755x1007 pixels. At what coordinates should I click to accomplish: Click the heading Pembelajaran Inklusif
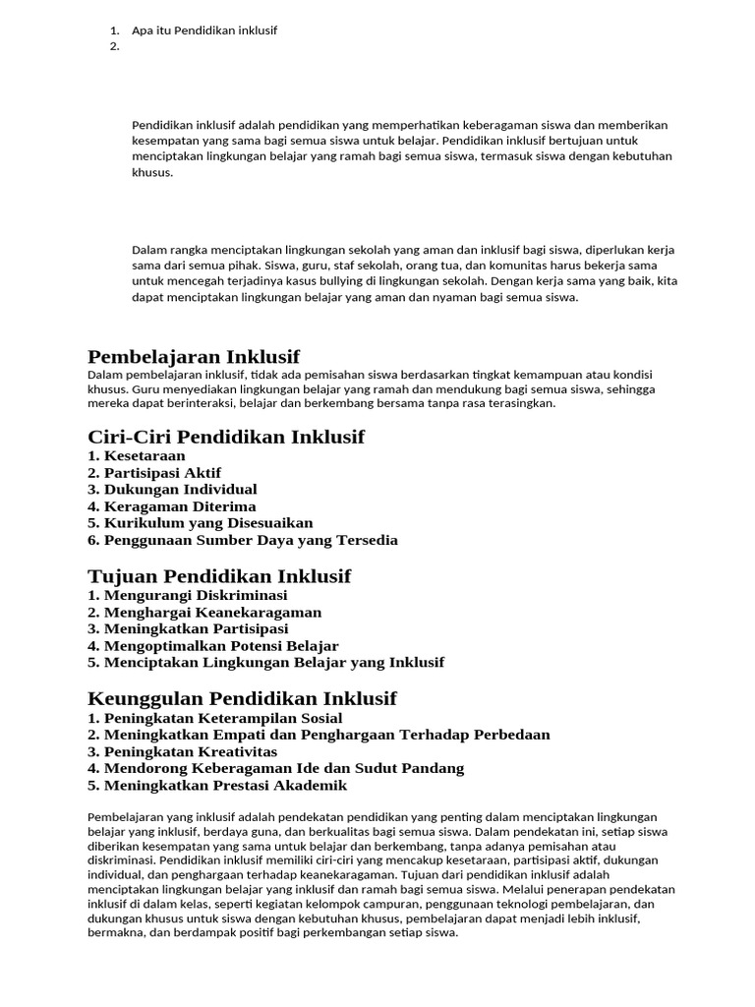pyautogui.click(x=194, y=356)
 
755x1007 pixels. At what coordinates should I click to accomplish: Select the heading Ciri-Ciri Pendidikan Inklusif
pyautogui.click(x=226, y=437)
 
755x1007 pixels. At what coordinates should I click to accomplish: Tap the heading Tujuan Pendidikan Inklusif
pyautogui.click(x=219, y=576)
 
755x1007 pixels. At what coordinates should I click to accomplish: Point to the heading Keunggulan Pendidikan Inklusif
pyautogui.click(x=242, y=699)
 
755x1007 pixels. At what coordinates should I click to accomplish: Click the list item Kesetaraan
pyautogui.click(x=137, y=456)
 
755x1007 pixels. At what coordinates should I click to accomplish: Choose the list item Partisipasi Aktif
pyautogui.click(x=154, y=473)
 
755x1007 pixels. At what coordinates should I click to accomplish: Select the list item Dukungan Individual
pyautogui.click(x=172, y=490)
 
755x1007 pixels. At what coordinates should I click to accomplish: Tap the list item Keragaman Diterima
pyautogui.click(x=171, y=506)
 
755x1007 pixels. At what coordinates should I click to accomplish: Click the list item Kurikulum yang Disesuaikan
pyautogui.click(x=200, y=523)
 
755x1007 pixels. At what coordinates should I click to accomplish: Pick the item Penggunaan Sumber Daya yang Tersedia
pyautogui.click(x=242, y=540)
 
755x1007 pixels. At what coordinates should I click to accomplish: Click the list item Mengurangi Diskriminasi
pyautogui.click(x=187, y=596)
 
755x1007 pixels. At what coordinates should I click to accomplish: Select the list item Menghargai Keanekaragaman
pyautogui.click(x=204, y=613)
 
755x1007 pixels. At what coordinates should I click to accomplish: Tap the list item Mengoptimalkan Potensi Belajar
pyautogui.click(x=213, y=646)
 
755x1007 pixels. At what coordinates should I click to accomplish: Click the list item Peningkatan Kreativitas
pyautogui.click(x=183, y=752)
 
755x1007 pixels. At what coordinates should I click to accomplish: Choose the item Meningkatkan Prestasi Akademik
pyautogui.click(x=217, y=786)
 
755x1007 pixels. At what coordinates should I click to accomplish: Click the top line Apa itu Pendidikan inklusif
pyautogui.click(x=204, y=30)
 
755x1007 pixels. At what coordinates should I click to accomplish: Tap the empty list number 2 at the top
pyautogui.click(x=115, y=46)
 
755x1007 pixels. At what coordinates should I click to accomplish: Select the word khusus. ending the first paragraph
pyautogui.click(x=152, y=172)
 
